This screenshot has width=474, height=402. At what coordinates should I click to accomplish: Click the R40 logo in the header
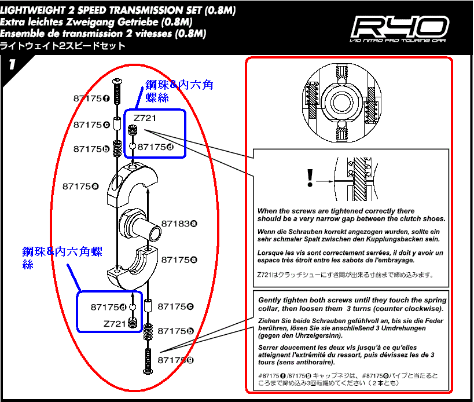400,27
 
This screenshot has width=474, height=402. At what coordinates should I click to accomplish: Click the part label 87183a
179,223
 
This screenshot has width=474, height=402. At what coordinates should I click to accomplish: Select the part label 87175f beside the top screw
91,98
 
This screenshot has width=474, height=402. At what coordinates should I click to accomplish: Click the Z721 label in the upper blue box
145,118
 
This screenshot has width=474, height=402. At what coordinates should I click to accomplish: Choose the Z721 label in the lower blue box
115,323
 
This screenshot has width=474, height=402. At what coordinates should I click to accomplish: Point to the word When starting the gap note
267,211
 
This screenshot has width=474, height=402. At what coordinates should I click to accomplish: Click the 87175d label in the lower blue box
109,307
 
